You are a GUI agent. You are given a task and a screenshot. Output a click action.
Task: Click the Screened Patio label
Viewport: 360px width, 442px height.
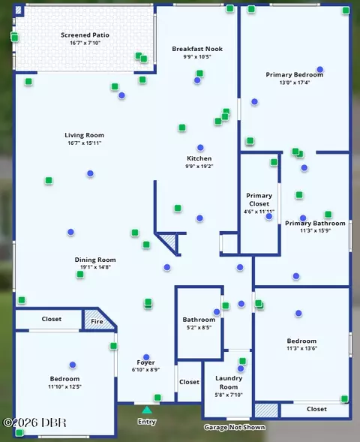click(85, 35)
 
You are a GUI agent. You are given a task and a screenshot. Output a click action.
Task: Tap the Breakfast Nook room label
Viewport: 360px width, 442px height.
click(197, 49)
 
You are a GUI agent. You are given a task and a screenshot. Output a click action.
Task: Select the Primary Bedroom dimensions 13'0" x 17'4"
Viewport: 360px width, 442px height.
click(295, 83)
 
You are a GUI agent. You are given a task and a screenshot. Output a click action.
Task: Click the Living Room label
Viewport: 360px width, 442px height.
click(84, 135)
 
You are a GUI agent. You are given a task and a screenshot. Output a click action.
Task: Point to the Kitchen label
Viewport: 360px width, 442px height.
click(199, 158)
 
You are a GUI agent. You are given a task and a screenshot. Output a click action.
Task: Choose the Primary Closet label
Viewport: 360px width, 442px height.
click(259, 200)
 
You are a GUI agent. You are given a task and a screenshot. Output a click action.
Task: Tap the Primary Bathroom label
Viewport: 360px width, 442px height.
click(315, 224)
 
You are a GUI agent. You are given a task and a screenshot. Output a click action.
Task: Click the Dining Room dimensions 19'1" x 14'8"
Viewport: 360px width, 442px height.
click(95, 266)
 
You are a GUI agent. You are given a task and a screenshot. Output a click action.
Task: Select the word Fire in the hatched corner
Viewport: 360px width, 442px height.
click(97, 321)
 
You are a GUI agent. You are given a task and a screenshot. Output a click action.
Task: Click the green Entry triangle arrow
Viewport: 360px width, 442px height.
click(147, 410)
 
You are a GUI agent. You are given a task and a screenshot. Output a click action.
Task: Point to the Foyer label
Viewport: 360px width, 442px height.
click(145, 362)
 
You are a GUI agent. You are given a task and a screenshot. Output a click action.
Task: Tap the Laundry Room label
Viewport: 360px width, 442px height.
click(229, 383)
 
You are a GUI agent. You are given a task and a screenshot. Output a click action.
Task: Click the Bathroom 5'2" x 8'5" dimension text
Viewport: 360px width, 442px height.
click(199, 327)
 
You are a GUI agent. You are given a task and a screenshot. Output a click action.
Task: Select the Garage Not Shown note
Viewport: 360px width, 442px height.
click(235, 427)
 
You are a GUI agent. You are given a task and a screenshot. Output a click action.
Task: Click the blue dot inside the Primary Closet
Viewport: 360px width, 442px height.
click(269, 216)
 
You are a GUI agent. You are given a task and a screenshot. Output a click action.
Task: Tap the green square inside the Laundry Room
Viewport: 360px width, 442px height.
click(242, 361)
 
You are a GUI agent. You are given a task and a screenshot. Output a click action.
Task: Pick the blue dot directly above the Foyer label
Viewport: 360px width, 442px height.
click(146, 357)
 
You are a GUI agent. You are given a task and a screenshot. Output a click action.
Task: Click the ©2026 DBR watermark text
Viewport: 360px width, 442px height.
click(34, 422)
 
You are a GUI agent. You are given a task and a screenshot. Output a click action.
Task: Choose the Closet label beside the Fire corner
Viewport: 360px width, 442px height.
click(51, 319)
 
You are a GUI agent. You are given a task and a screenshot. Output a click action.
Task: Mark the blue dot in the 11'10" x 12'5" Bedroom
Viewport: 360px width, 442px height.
click(73, 365)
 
